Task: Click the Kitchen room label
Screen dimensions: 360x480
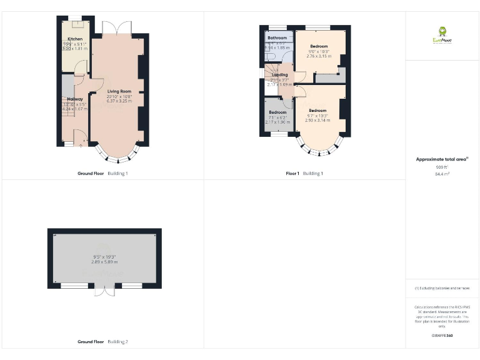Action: [74, 39]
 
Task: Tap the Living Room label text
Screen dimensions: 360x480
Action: [117, 92]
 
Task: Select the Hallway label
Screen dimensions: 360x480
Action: [75, 99]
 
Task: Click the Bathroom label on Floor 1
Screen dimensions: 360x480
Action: [277, 37]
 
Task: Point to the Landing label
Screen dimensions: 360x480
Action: [280, 75]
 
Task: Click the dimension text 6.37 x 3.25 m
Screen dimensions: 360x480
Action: [117, 102]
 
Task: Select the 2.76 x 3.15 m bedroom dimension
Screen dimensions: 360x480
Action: [319, 56]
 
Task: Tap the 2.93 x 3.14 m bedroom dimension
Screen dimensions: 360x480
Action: [317, 121]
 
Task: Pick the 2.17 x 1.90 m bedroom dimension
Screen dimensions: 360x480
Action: [277, 122]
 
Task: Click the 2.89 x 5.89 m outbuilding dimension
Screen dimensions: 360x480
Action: [104, 262]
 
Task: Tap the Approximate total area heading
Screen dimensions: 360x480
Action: [442, 159]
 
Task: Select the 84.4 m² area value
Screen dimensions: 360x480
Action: [442, 174]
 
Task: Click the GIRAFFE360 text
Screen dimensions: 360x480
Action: [442, 336]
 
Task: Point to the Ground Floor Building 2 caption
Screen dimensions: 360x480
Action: [102, 342]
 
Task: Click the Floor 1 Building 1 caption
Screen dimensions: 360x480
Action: [304, 173]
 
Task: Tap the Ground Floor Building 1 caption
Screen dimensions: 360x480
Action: [102, 173]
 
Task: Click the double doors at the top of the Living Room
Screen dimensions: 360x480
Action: [117, 27]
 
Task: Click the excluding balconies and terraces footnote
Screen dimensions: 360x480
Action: [442, 288]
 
